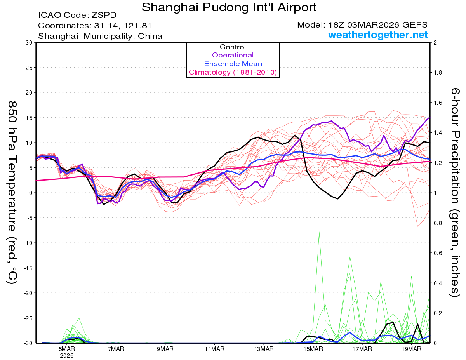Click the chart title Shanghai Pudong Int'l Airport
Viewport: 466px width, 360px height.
(x=229, y=7)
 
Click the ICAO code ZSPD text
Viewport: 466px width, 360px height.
(x=77, y=16)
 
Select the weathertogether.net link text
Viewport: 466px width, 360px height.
(x=378, y=35)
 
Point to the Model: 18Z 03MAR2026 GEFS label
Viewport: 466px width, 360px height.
(x=362, y=25)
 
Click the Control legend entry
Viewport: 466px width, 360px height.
(x=233, y=47)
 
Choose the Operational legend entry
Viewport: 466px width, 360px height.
(x=233, y=55)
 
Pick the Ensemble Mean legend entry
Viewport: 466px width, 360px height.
(x=233, y=64)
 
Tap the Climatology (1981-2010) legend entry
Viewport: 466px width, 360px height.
(x=233, y=72)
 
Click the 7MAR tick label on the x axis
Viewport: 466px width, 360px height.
(x=116, y=349)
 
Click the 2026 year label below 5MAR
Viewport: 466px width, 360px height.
(x=67, y=355)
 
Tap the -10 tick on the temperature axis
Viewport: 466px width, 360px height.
(x=28, y=243)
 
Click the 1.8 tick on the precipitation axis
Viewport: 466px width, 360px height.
(x=437, y=73)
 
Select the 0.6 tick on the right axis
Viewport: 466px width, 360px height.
(x=437, y=253)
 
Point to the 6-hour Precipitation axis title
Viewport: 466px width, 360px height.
(x=455, y=192)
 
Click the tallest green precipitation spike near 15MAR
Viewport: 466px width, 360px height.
(x=319, y=233)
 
